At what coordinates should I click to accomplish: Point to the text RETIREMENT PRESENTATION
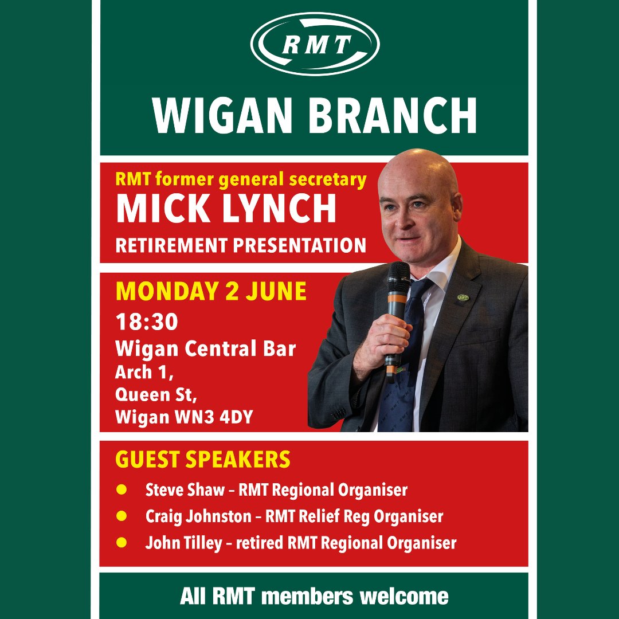pyautogui.click(x=241, y=245)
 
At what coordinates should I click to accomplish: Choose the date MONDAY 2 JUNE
pyautogui.click(x=211, y=291)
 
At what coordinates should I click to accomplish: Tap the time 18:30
pyautogui.click(x=146, y=322)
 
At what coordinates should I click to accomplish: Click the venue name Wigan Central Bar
pyautogui.click(x=206, y=348)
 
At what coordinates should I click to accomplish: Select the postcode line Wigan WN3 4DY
pyautogui.click(x=184, y=418)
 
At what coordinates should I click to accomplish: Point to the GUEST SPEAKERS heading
pyautogui.click(x=203, y=460)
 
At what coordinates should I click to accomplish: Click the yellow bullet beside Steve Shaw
pyautogui.click(x=121, y=490)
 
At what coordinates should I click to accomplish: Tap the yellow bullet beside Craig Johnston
pyautogui.click(x=121, y=516)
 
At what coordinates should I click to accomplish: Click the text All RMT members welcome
pyautogui.click(x=314, y=596)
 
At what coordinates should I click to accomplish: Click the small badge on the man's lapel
pyautogui.click(x=463, y=298)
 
